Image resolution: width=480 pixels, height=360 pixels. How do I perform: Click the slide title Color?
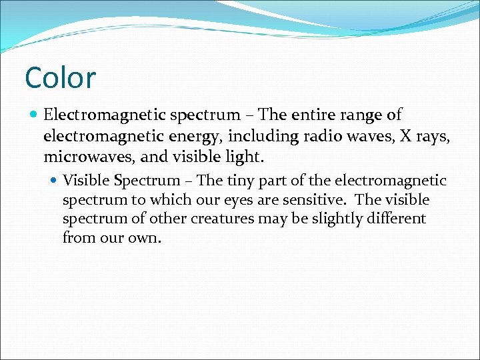click(61, 77)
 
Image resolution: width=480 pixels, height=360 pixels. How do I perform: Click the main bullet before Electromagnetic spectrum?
click(34, 115)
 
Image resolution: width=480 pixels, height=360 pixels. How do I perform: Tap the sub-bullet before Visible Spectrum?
click(54, 181)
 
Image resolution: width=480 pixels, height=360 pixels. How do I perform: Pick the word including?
click(257, 137)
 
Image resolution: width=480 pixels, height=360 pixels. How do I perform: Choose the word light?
click(246, 158)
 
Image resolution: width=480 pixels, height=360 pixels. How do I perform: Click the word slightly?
click(331, 219)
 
